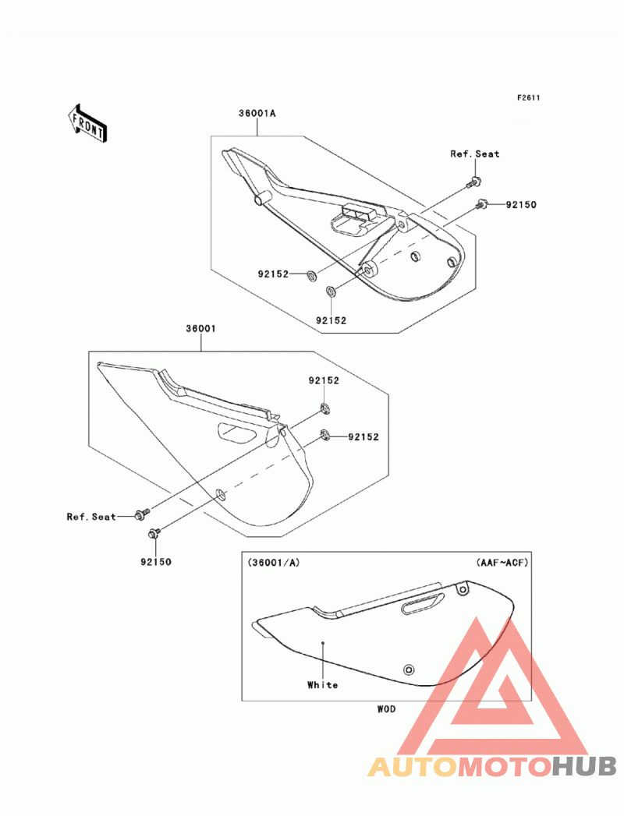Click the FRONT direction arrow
[x=87, y=123]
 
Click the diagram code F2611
[x=528, y=98]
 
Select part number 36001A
[x=257, y=113]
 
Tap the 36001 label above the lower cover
[x=200, y=329]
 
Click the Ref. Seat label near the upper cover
[x=474, y=154]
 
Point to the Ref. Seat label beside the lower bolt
[x=91, y=517]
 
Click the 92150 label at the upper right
[x=521, y=204]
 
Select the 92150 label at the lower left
[x=156, y=562]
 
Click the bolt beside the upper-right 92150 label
[x=480, y=204]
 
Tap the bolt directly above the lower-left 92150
[x=154, y=533]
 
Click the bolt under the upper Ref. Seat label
[x=474, y=182]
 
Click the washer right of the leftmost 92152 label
[x=311, y=274]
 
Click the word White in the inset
[x=322, y=685]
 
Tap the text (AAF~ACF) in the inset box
[x=502, y=563]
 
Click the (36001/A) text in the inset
[x=274, y=563]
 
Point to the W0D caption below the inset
[x=386, y=708]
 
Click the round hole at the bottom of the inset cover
[x=409, y=669]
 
